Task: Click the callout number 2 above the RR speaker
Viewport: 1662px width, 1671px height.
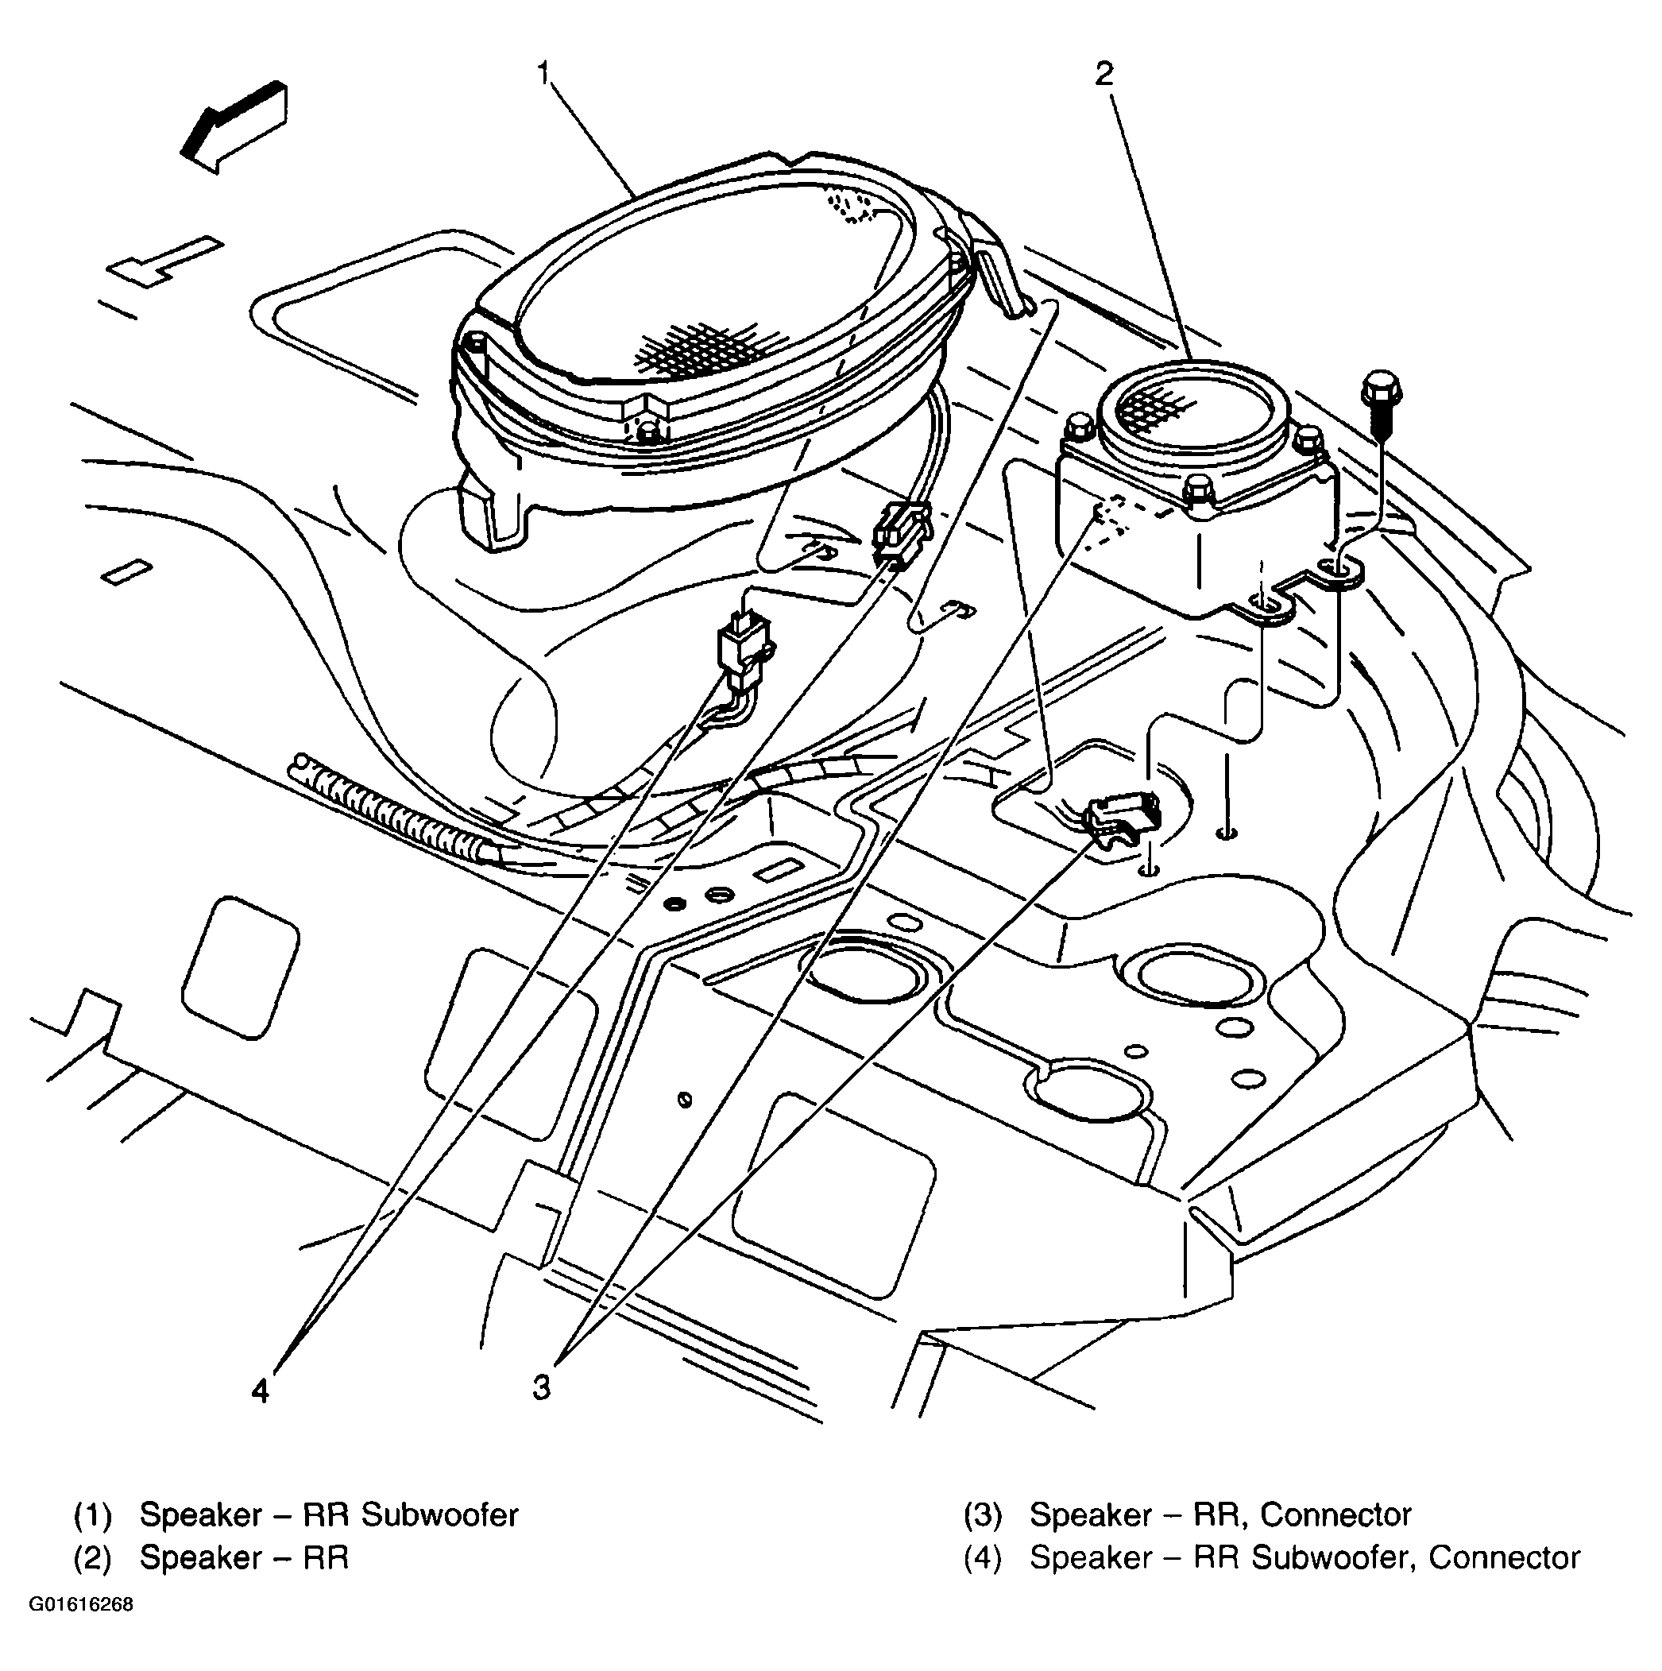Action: coord(1104,75)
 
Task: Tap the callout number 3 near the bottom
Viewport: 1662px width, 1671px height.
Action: coord(541,1387)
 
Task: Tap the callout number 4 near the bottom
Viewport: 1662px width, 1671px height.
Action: coord(261,1391)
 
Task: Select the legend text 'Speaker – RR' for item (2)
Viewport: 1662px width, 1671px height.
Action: coord(244,1582)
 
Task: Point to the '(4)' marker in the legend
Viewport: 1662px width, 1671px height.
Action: coord(982,1582)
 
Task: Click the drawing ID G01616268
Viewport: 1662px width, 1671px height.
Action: coord(81,1630)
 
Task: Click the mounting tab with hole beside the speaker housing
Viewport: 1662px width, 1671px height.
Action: coord(1341,569)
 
